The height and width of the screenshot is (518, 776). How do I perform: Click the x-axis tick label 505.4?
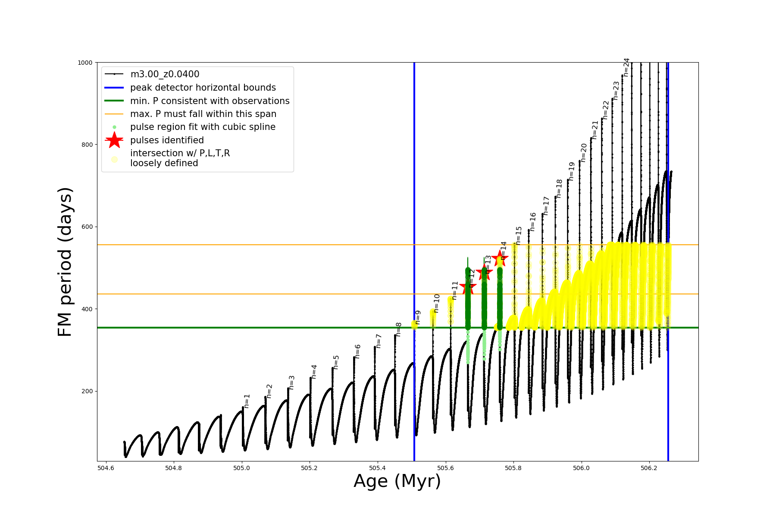tap(377, 468)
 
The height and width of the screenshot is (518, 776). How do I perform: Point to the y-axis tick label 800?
tap(86, 145)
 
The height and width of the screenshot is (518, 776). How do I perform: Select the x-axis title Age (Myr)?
tap(397, 481)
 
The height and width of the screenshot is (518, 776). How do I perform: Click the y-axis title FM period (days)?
tap(65, 262)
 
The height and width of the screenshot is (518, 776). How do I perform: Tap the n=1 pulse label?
tap(247, 401)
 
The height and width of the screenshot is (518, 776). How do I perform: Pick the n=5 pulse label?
tap(336, 362)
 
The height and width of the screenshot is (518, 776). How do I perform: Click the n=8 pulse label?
tap(399, 329)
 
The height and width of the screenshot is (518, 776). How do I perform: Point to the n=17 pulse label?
tap(546, 206)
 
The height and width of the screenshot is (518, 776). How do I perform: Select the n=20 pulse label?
tap(584, 153)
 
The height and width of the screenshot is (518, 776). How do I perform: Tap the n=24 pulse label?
tap(626, 67)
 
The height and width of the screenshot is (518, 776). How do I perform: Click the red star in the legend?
tap(114, 140)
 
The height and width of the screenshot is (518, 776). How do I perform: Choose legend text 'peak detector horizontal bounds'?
tap(203, 88)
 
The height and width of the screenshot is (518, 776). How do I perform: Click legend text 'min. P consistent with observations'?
tap(210, 101)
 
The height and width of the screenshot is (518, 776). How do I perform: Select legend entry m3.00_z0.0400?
tap(165, 74)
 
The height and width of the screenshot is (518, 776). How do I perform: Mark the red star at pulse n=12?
tap(468, 287)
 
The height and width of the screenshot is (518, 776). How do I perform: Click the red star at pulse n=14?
tap(500, 258)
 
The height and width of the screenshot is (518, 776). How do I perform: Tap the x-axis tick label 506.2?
tap(649, 468)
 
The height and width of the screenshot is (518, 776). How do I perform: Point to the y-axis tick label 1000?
tap(85, 63)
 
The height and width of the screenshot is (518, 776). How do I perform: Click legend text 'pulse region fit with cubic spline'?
tap(203, 127)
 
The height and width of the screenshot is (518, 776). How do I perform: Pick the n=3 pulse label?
tap(292, 382)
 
